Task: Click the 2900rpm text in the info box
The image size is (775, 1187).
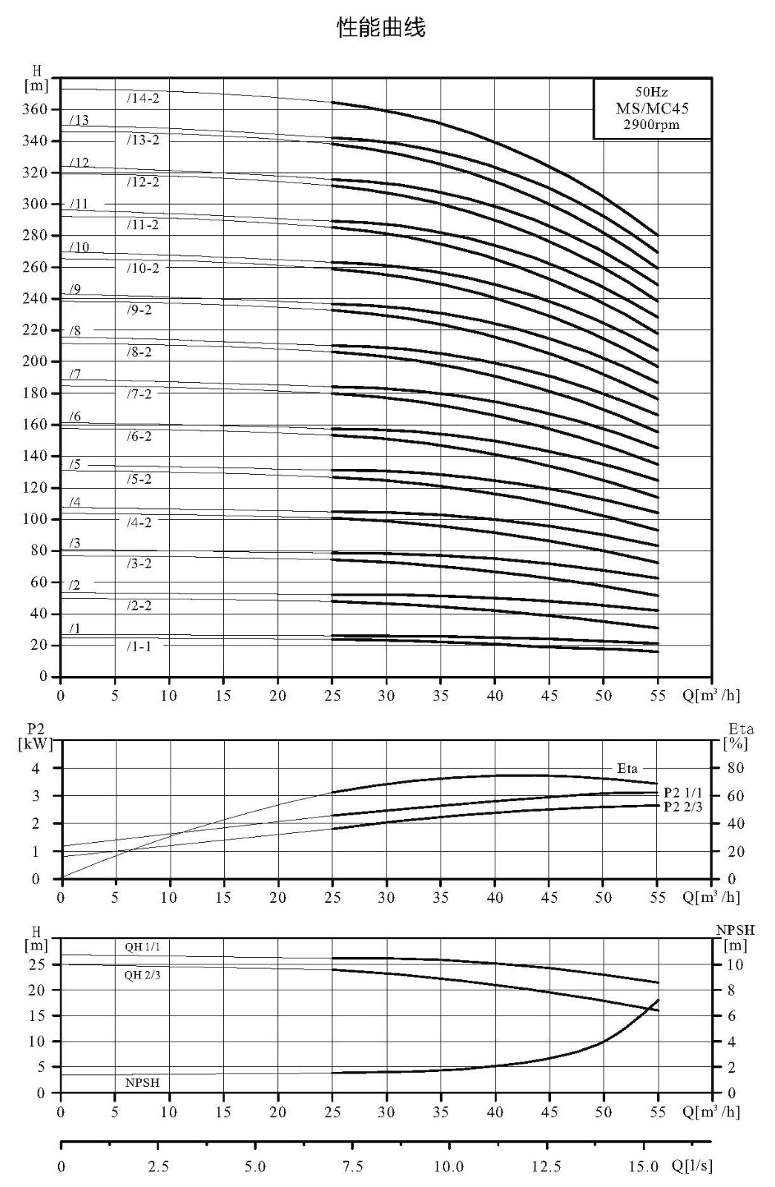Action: point(651,125)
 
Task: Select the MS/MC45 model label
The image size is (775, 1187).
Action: point(652,108)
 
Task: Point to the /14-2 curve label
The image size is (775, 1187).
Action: point(142,99)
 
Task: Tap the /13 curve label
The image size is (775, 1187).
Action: point(79,120)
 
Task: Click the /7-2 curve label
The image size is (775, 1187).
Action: point(139,394)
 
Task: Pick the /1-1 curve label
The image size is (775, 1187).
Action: point(138,646)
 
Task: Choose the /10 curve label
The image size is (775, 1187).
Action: point(79,247)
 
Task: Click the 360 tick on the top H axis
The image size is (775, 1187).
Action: point(34,109)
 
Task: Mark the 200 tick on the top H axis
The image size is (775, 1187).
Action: point(34,361)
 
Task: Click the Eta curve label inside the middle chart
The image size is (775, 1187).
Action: point(627,769)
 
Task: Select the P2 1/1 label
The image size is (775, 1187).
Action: point(683,793)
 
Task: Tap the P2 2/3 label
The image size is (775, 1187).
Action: point(683,807)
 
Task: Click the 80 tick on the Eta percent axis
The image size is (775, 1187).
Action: point(735,768)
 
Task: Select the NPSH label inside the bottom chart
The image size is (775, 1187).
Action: point(142,1083)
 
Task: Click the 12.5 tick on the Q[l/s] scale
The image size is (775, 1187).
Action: point(546,1167)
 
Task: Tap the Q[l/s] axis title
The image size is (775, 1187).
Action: point(692,1165)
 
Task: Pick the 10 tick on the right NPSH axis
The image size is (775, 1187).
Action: point(735,965)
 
